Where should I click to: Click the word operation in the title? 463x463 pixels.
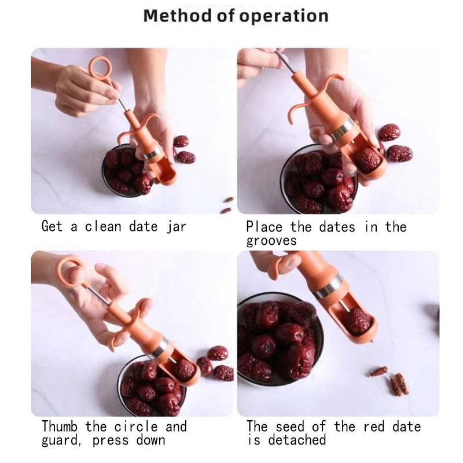284,17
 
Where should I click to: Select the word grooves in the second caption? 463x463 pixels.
271,241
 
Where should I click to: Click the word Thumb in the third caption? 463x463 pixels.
60,427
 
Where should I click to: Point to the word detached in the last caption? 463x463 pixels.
297,440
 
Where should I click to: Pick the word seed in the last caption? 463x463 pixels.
290,427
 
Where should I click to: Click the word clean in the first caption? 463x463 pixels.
103,227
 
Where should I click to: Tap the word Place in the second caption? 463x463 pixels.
264,227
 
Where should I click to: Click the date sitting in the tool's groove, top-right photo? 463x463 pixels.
368,160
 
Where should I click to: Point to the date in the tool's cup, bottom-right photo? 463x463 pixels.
358,322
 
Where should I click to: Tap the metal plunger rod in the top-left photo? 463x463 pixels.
124,104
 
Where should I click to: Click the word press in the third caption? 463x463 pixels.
111,440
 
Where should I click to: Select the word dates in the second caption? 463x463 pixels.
337,227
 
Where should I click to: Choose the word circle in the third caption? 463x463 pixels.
136,427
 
